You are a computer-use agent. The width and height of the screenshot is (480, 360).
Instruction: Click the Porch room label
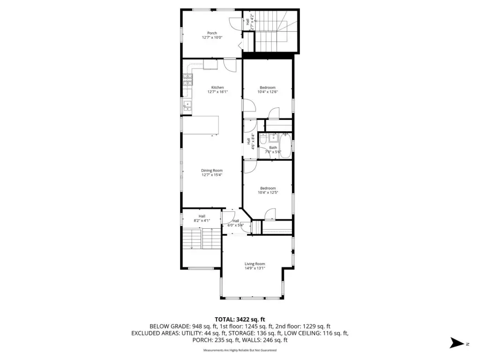point(212,33)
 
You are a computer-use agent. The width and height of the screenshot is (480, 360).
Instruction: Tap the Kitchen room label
point(217,88)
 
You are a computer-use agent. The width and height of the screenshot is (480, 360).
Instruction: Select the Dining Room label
point(212,171)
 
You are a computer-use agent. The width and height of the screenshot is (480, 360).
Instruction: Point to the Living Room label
point(255,264)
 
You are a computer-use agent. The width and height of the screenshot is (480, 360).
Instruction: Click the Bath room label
point(273,148)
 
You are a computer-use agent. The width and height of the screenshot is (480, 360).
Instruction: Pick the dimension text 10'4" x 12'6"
point(268,92)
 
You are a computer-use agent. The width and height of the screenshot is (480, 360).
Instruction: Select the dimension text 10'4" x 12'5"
point(268,193)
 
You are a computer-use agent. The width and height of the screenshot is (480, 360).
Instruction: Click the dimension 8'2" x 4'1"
point(202,220)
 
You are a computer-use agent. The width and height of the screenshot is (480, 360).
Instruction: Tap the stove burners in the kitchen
point(188,80)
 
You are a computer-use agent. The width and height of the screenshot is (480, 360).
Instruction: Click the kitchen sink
point(187,106)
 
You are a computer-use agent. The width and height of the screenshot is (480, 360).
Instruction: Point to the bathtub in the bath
point(285,146)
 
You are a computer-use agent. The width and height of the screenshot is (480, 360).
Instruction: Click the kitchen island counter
point(201,125)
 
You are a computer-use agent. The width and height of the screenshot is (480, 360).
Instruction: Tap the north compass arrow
point(457,343)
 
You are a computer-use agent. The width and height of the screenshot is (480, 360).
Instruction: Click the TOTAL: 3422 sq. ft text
point(240,320)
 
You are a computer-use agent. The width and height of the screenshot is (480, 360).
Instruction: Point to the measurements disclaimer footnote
point(240,350)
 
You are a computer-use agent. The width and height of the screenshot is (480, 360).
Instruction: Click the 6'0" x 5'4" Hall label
point(235,223)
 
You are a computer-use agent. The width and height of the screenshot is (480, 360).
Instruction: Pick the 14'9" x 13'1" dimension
point(255,268)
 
